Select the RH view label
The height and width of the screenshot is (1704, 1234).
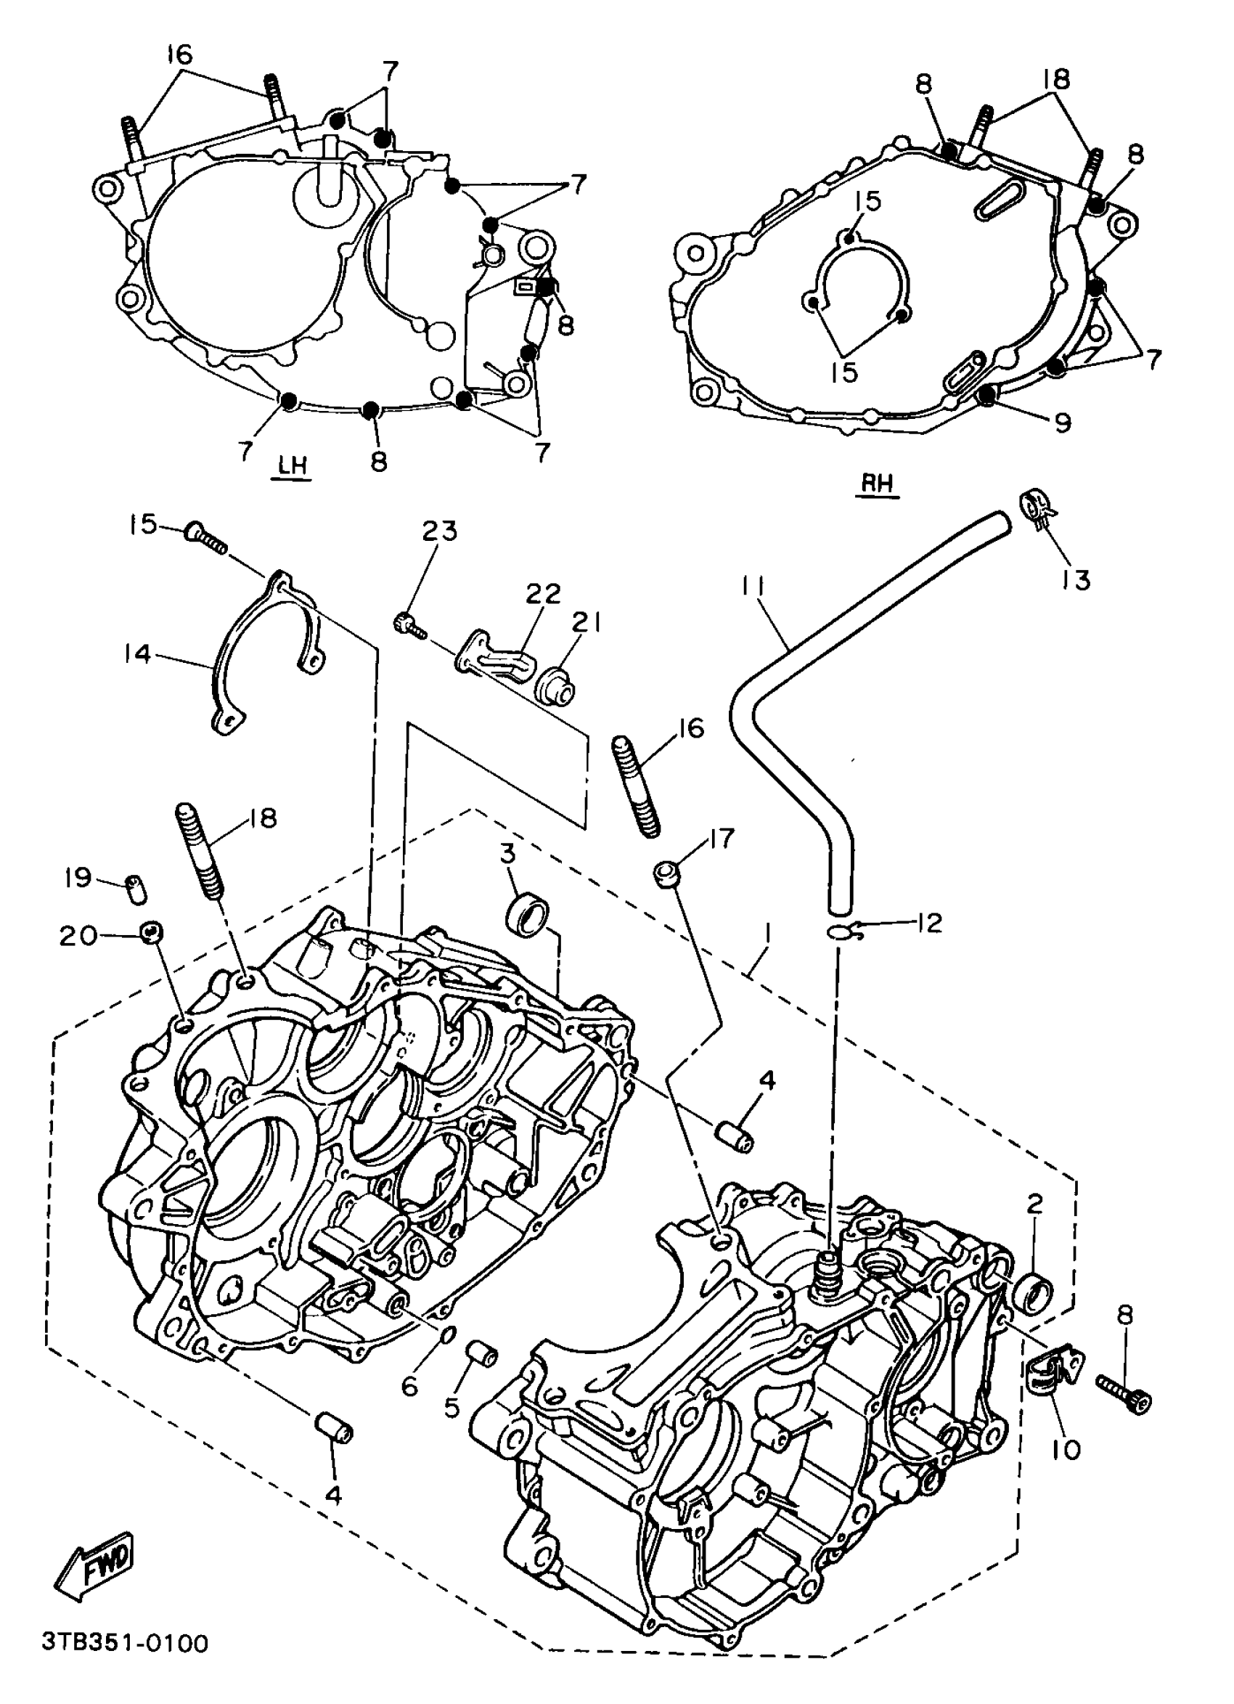pyautogui.click(x=878, y=484)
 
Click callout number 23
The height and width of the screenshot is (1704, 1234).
pyautogui.click(x=439, y=531)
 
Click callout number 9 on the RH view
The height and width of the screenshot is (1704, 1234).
pyautogui.click(x=1062, y=423)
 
